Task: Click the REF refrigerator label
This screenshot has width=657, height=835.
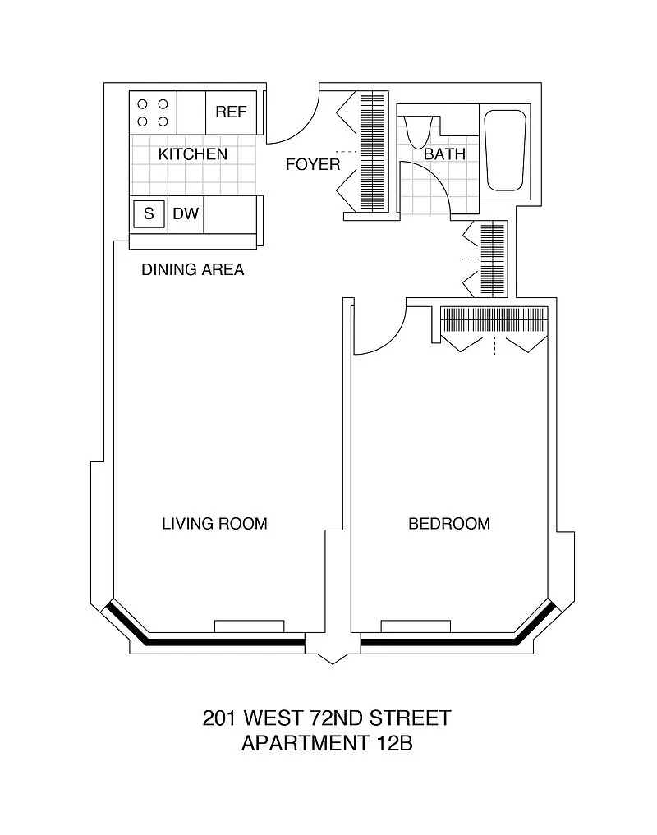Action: click(231, 112)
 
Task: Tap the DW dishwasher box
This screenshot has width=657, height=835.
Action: click(186, 214)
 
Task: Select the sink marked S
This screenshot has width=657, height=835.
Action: click(149, 214)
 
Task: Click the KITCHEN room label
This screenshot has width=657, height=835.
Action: click(193, 154)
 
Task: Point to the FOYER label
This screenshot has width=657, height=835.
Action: click(313, 164)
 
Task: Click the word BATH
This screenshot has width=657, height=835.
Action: click(444, 154)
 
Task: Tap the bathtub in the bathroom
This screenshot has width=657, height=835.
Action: click(504, 150)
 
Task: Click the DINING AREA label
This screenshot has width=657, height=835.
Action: click(193, 269)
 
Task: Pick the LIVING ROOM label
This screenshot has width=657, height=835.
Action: click(214, 524)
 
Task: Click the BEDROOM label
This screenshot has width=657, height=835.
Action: click(449, 524)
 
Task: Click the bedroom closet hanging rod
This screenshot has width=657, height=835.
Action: click(494, 319)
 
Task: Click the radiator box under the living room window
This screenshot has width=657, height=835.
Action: click(250, 626)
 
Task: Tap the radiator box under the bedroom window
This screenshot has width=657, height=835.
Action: click(416, 626)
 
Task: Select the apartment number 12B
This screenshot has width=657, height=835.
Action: click(393, 743)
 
